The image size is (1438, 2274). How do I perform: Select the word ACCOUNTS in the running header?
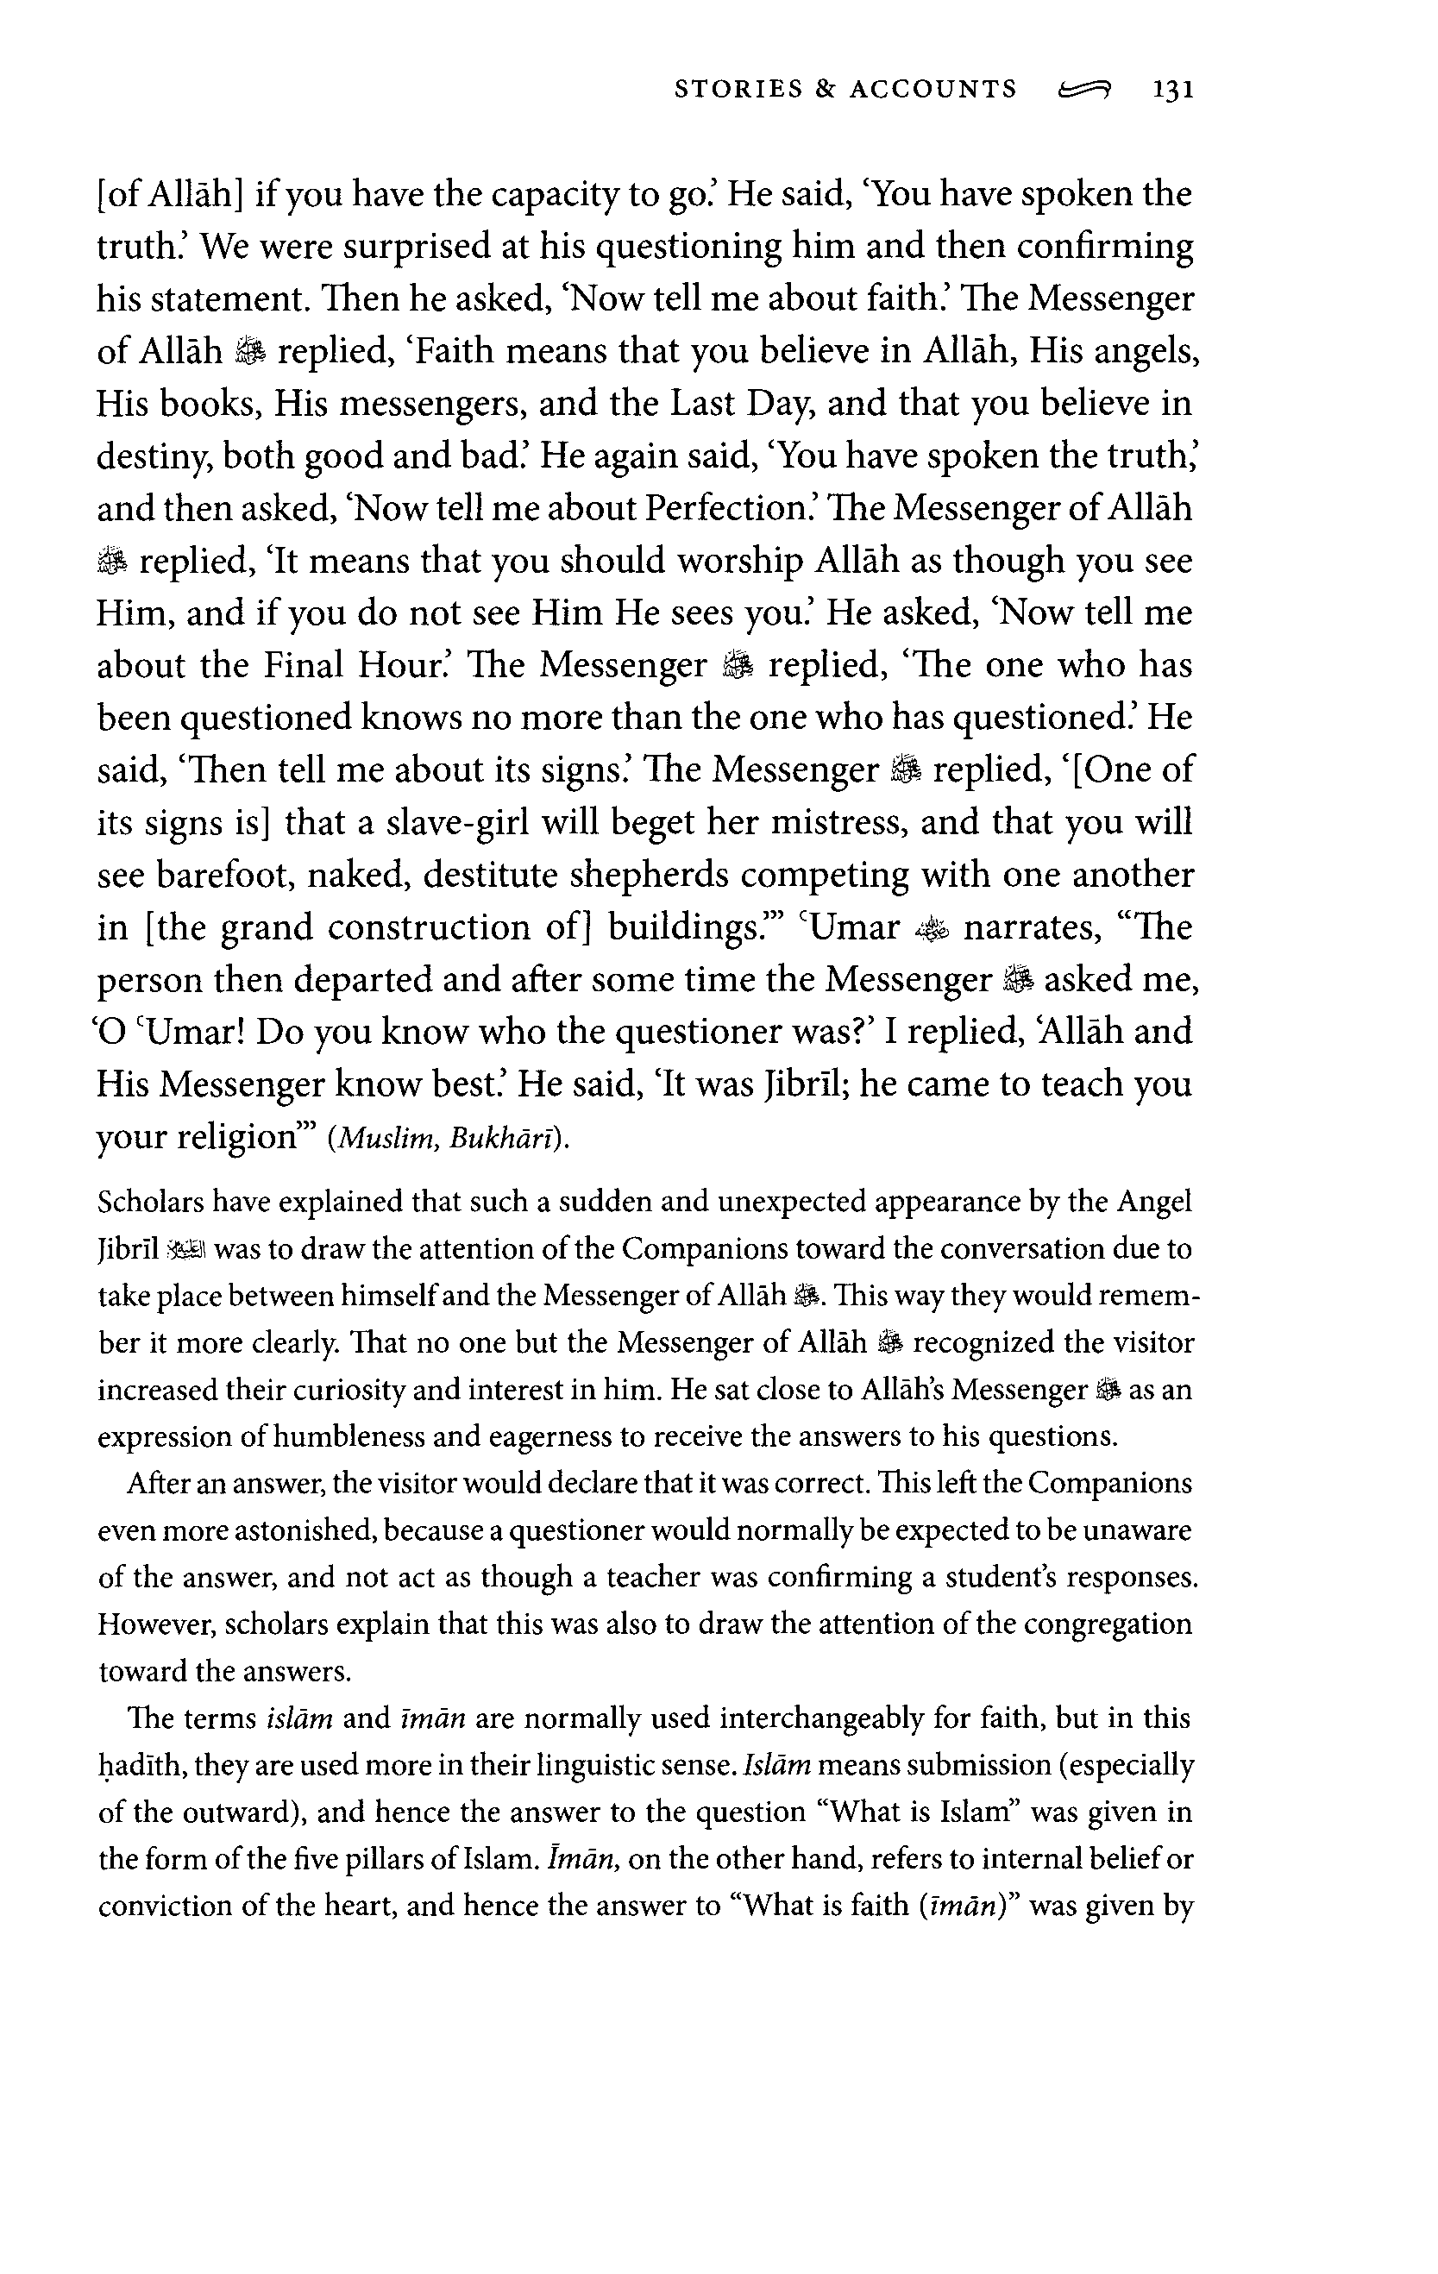click(x=933, y=90)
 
